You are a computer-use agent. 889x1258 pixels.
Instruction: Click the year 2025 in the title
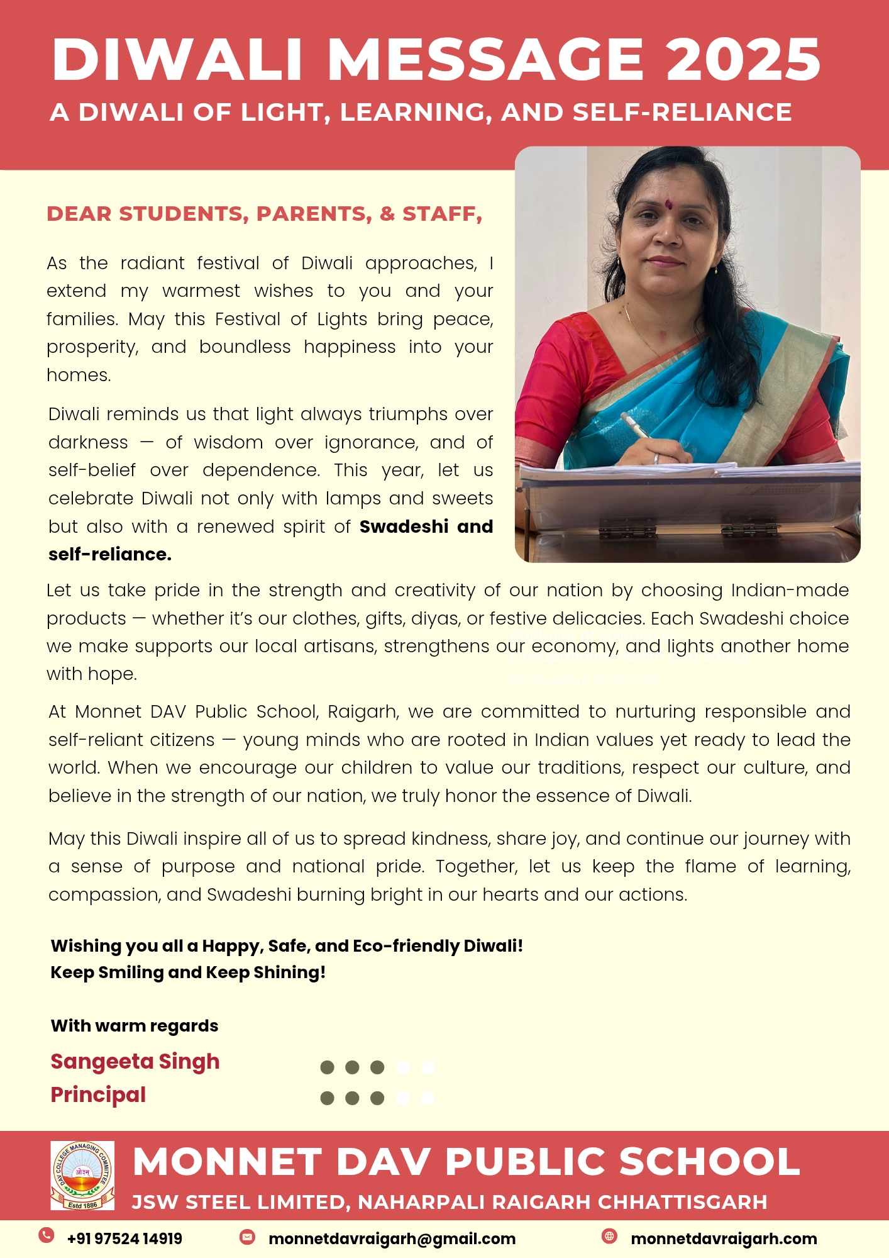[743, 60]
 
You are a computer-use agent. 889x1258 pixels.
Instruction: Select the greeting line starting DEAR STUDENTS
[264, 214]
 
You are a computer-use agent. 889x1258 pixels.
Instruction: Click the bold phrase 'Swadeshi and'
[426, 526]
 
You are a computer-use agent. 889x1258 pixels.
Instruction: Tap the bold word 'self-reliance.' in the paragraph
[110, 554]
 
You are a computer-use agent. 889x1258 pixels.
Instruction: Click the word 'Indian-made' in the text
[790, 590]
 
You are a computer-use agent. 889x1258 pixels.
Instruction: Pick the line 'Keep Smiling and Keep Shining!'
[188, 972]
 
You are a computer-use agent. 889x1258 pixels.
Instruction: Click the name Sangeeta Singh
[135, 1061]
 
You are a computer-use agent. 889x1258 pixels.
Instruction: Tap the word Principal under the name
[98, 1094]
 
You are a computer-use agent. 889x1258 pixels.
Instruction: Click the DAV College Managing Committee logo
[82, 1175]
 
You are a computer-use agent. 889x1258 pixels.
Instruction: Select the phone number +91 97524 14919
[124, 1239]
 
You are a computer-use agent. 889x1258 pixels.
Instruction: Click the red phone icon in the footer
[46, 1235]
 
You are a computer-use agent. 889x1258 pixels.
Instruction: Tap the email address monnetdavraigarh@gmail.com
[392, 1239]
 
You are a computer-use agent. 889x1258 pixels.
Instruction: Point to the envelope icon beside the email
[247, 1237]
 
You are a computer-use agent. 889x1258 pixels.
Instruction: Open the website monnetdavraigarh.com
[724, 1239]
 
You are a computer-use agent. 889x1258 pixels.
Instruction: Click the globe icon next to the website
[609, 1236]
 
